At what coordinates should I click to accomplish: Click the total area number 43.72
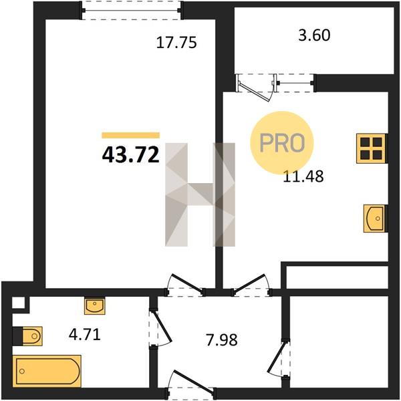point(131,156)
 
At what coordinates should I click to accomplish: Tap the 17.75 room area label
point(176,43)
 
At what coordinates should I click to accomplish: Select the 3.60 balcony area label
point(314,35)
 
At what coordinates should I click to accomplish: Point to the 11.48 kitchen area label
point(303,176)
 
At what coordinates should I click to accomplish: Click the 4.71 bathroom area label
point(85,335)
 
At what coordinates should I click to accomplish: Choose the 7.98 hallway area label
point(222,340)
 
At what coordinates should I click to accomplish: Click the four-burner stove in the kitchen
point(372,148)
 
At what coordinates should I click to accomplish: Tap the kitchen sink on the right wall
point(375,219)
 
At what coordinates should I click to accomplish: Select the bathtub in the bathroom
point(47,371)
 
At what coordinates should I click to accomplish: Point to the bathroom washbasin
point(95,305)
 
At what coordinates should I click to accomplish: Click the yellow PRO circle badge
point(282,143)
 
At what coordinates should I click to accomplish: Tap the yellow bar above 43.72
point(131,135)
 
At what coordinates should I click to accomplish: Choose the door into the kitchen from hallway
point(249,283)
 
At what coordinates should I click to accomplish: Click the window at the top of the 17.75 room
point(131,11)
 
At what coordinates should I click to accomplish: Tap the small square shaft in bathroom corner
point(19,303)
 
